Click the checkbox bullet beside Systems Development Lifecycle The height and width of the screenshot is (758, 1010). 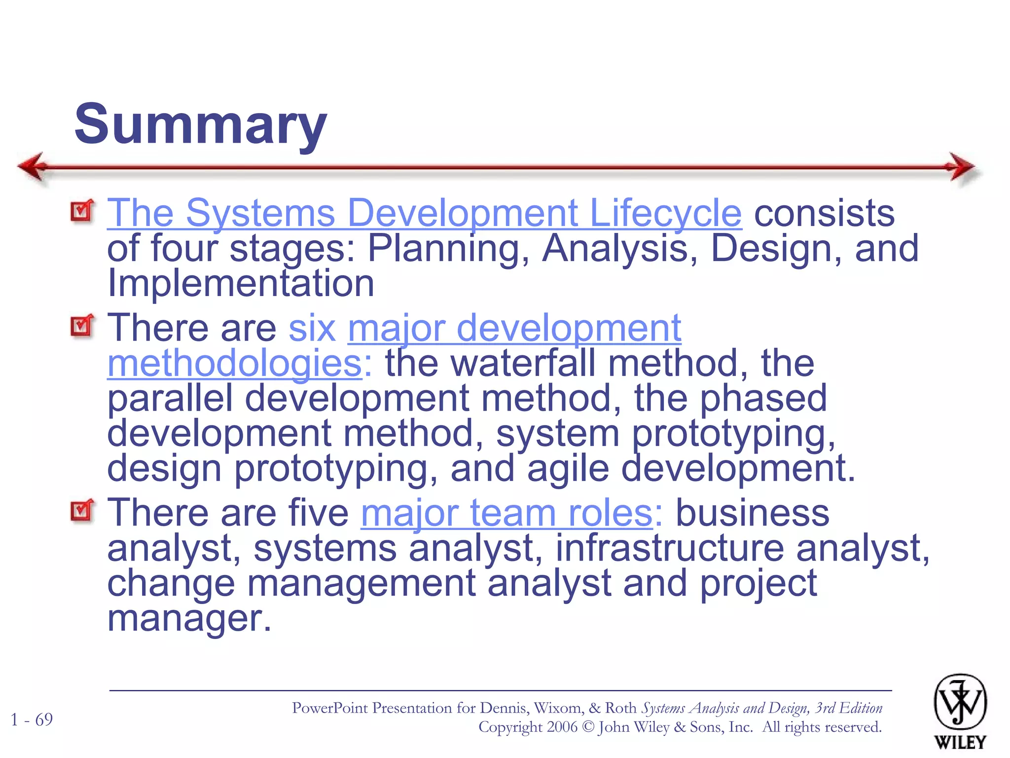82,211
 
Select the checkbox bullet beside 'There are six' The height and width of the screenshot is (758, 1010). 82,326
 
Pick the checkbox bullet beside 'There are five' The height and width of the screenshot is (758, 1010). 82,511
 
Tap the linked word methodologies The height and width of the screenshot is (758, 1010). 235,363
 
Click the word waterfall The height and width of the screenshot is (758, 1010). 523,363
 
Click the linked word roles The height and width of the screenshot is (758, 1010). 610,513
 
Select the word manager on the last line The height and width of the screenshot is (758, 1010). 189,618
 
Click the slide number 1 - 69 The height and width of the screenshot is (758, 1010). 32,720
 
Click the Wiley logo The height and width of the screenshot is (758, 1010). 960,711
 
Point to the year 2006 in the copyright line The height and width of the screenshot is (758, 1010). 561,727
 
